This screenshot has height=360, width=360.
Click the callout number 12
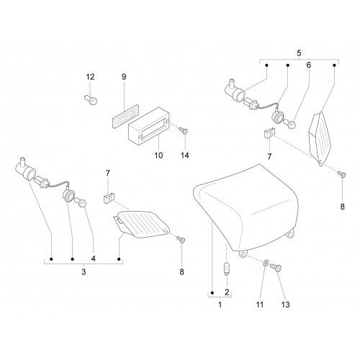[90, 77]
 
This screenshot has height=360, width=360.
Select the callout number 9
[124, 77]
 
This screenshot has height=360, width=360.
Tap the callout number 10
[158, 156]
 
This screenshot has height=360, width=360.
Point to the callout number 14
[185, 156]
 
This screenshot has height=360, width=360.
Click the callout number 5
[299, 53]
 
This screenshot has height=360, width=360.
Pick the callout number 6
[309, 65]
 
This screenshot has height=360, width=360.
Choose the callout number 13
[285, 305]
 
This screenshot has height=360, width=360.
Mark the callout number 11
[260, 305]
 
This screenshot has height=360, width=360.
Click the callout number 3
[84, 272]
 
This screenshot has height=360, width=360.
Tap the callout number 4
[94, 258]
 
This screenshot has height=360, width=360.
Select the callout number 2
[227, 292]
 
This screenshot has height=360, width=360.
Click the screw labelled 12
[91, 100]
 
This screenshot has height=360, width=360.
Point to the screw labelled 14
[184, 131]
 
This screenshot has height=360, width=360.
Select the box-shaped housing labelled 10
[149, 126]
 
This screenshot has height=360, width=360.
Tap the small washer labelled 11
[266, 264]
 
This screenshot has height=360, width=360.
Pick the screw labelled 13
[276, 268]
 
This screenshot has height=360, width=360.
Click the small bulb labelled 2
[226, 269]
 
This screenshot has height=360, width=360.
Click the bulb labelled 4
[81, 202]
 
